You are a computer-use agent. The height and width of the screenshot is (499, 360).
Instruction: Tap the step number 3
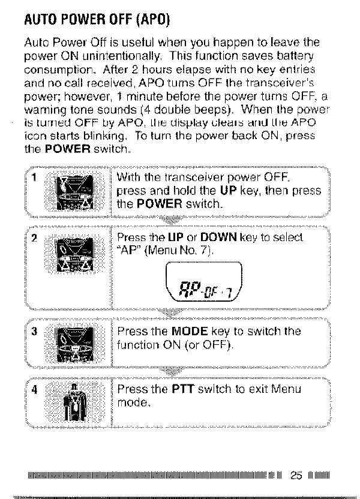click(x=35, y=332)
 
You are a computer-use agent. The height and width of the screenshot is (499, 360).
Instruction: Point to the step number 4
click(x=35, y=388)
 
